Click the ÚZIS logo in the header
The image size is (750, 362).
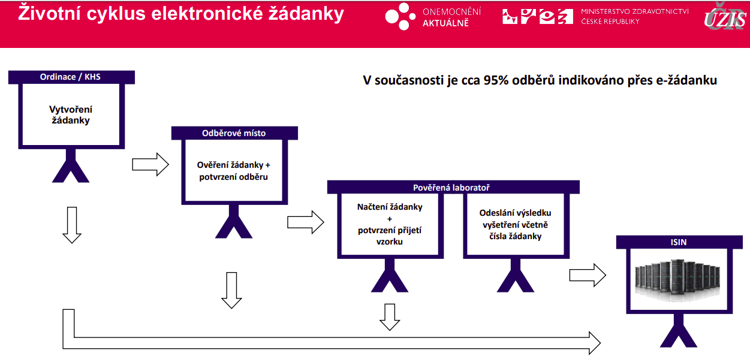coord(725,17)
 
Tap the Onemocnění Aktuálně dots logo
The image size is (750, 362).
coord(400,16)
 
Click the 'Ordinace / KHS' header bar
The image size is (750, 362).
coord(71,77)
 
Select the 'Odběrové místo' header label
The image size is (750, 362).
coord(234,133)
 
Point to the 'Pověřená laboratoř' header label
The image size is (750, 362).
coord(451,188)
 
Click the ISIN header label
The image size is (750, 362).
coord(679,242)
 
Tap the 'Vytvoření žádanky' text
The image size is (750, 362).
coord(71,114)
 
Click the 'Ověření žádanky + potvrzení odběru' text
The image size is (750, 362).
coord(233,171)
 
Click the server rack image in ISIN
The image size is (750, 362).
coord(677,280)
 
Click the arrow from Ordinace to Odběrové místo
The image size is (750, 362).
coord(150,164)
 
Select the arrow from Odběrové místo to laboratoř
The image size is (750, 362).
coord(305,222)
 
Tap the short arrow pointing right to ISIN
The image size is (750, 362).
coord(588,275)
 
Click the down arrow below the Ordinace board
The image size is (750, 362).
coord(72,225)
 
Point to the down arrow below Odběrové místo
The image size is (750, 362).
coord(231,291)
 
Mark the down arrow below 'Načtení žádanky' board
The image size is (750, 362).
coord(390,317)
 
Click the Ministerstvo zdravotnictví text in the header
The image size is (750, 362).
coord(635,16)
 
